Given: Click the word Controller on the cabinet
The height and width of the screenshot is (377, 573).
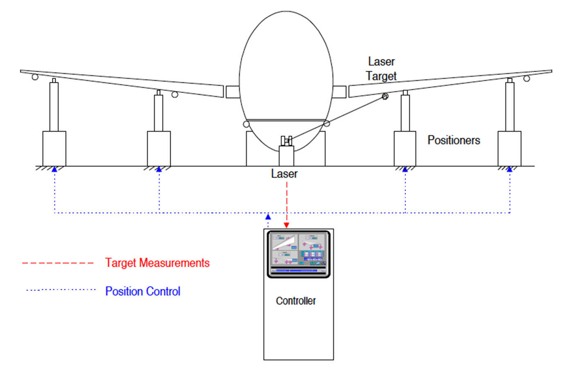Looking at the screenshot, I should (296, 301).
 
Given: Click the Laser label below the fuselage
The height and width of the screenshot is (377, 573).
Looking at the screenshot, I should (284, 174).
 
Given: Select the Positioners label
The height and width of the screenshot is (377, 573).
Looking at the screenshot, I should (453, 140).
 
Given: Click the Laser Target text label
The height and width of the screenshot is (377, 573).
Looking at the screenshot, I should (381, 69).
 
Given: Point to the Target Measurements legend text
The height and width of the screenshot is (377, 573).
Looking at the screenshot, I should (157, 263).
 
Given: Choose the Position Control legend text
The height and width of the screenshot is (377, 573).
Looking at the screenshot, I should (142, 291).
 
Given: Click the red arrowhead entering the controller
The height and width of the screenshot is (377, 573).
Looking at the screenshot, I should (286, 225).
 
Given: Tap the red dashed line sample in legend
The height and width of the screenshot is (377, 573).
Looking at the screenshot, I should (58, 263).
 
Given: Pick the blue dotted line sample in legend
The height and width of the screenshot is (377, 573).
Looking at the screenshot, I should (61, 290).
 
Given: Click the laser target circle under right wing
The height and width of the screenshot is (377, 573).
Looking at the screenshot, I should (385, 96).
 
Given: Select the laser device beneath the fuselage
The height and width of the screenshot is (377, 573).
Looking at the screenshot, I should (286, 141).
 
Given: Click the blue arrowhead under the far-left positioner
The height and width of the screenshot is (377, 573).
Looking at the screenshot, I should (54, 169).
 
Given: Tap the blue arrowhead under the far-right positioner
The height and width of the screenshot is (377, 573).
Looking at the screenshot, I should (510, 169).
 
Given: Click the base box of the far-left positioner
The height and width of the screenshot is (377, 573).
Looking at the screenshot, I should (54, 148).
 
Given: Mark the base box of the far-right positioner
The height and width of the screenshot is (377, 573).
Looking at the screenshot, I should (509, 148).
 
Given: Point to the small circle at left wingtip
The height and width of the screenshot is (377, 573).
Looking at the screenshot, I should (35, 77).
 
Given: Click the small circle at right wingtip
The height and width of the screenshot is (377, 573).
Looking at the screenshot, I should (527, 78).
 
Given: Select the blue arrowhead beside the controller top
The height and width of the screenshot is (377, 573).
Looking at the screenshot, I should (268, 217).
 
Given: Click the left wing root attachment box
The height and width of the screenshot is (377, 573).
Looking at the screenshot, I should (232, 92).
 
